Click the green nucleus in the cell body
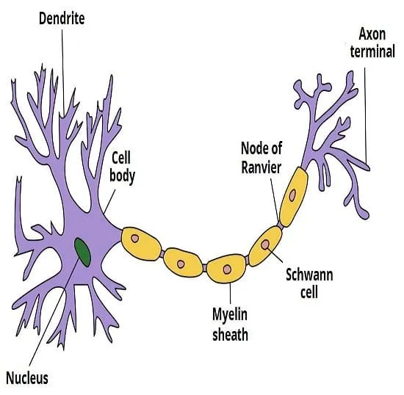click(82, 252)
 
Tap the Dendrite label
click(62, 18)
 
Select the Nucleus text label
click(27, 378)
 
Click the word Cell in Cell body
click(121, 157)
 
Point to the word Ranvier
click(261, 167)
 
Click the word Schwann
click(309, 275)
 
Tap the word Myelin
click(230, 315)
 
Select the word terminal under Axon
click(372, 51)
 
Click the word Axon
click(372, 34)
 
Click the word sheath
click(230, 335)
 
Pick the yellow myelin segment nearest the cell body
click(141, 243)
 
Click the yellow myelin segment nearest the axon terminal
click(294, 197)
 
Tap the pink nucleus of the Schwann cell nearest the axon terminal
click(292, 195)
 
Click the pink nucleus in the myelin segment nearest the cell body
click(134, 238)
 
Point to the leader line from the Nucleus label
click(54, 311)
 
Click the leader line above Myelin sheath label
click(230, 293)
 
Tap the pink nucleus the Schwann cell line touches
click(265, 244)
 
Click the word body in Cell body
click(123, 176)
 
